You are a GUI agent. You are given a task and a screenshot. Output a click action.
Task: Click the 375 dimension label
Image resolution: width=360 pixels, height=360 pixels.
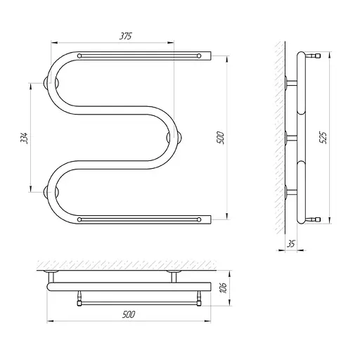[x=126, y=36]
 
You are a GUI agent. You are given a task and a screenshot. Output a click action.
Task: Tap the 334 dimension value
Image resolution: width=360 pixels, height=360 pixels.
[x=24, y=138]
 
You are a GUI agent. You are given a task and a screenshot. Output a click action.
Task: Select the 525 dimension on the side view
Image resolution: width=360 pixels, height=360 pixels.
[x=323, y=138]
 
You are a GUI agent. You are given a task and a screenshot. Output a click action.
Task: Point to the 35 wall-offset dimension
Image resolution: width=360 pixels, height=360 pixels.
[x=291, y=244]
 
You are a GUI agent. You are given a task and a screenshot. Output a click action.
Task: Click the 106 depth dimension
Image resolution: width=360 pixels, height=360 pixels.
[x=223, y=288]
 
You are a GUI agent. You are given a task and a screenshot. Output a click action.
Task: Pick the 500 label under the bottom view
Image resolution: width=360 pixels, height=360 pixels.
[x=129, y=314]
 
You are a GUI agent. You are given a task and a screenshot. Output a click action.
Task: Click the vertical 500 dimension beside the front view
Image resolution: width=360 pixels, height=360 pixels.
[x=221, y=138]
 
